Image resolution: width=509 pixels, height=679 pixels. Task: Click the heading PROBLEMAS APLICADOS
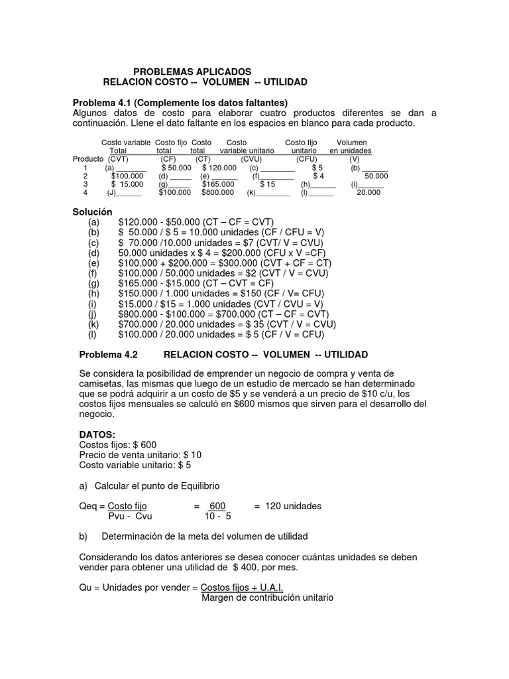[x=193, y=71]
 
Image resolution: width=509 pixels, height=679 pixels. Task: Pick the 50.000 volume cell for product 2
[x=376, y=176]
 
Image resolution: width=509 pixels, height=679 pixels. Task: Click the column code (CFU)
[x=307, y=159]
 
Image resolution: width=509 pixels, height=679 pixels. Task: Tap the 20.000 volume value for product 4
[x=368, y=192]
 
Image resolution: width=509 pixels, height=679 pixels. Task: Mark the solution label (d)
[x=93, y=253]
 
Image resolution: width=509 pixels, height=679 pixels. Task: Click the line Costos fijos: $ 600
[x=118, y=444]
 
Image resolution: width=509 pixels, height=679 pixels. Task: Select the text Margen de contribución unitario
[x=267, y=597]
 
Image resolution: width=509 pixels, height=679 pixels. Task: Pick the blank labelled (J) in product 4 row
[x=124, y=192]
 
